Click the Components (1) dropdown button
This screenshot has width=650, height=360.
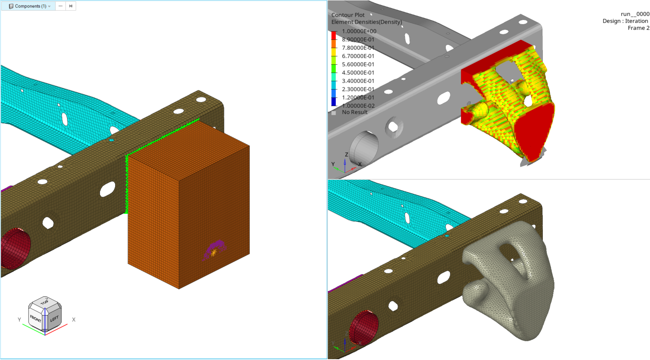pyautogui.click(x=29, y=6)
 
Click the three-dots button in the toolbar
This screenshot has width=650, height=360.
pyautogui.click(x=60, y=6)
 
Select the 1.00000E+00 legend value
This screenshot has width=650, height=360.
pyautogui.click(x=359, y=31)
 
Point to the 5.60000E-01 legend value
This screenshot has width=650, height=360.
pyautogui.click(x=358, y=64)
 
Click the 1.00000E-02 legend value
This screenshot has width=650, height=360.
pyautogui.click(x=358, y=106)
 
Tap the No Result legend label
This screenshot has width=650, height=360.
pyautogui.click(x=354, y=112)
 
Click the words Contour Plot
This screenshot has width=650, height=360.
pyautogui.click(x=348, y=15)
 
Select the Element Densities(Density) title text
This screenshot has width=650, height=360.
pyautogui.click(x=367, y=22)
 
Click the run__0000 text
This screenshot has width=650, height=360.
pyautogui.click(x=635, y=14)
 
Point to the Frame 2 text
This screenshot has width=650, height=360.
pyautogui.click(x=638, y=28)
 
